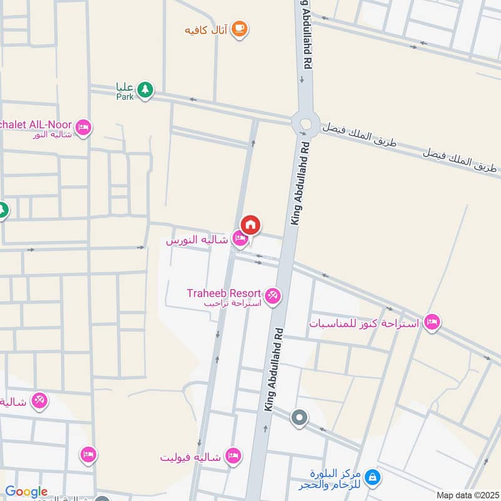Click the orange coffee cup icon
239,29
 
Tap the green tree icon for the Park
145,90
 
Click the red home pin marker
250,225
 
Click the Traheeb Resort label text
224,292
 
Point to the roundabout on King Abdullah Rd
306,122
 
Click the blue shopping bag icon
373,478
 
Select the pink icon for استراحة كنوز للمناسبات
431,323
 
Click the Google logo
26,492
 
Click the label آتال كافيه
207,29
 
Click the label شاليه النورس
197,240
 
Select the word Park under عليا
125,96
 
